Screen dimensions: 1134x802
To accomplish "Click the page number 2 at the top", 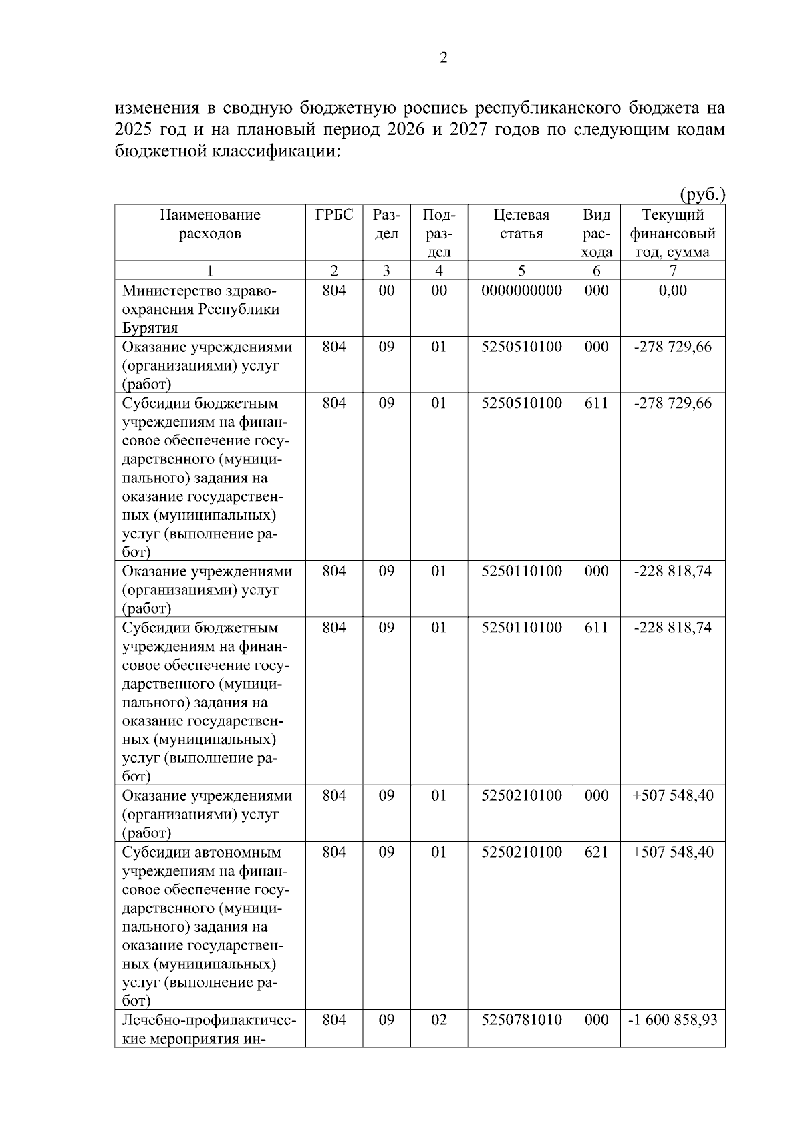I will coord(443,58).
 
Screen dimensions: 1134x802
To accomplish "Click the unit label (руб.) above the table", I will coord(702,194).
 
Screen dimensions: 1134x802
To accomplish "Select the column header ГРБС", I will coord(334,215).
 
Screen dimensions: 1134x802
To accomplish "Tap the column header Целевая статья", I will coord(521,224).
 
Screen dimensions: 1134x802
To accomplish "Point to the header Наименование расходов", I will coord(210,224).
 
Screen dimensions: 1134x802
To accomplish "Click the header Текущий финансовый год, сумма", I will coord(672,234).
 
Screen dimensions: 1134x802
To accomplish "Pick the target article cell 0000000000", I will coord(521,291).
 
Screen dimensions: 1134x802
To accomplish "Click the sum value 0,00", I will coord(672,291).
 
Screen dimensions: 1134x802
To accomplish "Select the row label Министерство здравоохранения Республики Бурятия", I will coord(200,309).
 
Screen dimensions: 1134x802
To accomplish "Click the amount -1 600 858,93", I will coord(672,1020).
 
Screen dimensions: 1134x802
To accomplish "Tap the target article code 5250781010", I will coord(521,1020).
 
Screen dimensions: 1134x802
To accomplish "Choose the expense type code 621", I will coord(596,852).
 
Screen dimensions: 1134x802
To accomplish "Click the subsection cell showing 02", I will coord(438,1020).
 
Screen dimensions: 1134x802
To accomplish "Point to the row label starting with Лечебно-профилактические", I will coord(209,1028).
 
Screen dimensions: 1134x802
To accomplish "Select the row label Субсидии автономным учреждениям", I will coord(203,852).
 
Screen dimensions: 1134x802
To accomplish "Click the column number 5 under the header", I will coord(521,270).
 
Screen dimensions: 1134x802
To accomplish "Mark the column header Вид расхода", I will coord(596,234).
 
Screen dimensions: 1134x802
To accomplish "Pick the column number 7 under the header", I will coord(672,270).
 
